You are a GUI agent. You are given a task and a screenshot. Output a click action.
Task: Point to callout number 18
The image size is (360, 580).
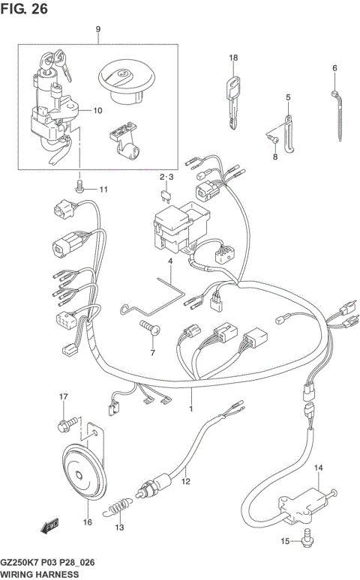pos(233,58)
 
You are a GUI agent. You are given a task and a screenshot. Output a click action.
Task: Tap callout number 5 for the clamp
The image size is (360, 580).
pos(286,97)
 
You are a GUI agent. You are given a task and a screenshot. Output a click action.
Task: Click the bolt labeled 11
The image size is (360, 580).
pos(79,189)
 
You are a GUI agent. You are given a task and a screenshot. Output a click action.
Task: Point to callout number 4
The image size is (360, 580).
pos(170,262)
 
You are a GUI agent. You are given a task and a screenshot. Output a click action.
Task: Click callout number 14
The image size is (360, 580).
pos(318,468)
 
